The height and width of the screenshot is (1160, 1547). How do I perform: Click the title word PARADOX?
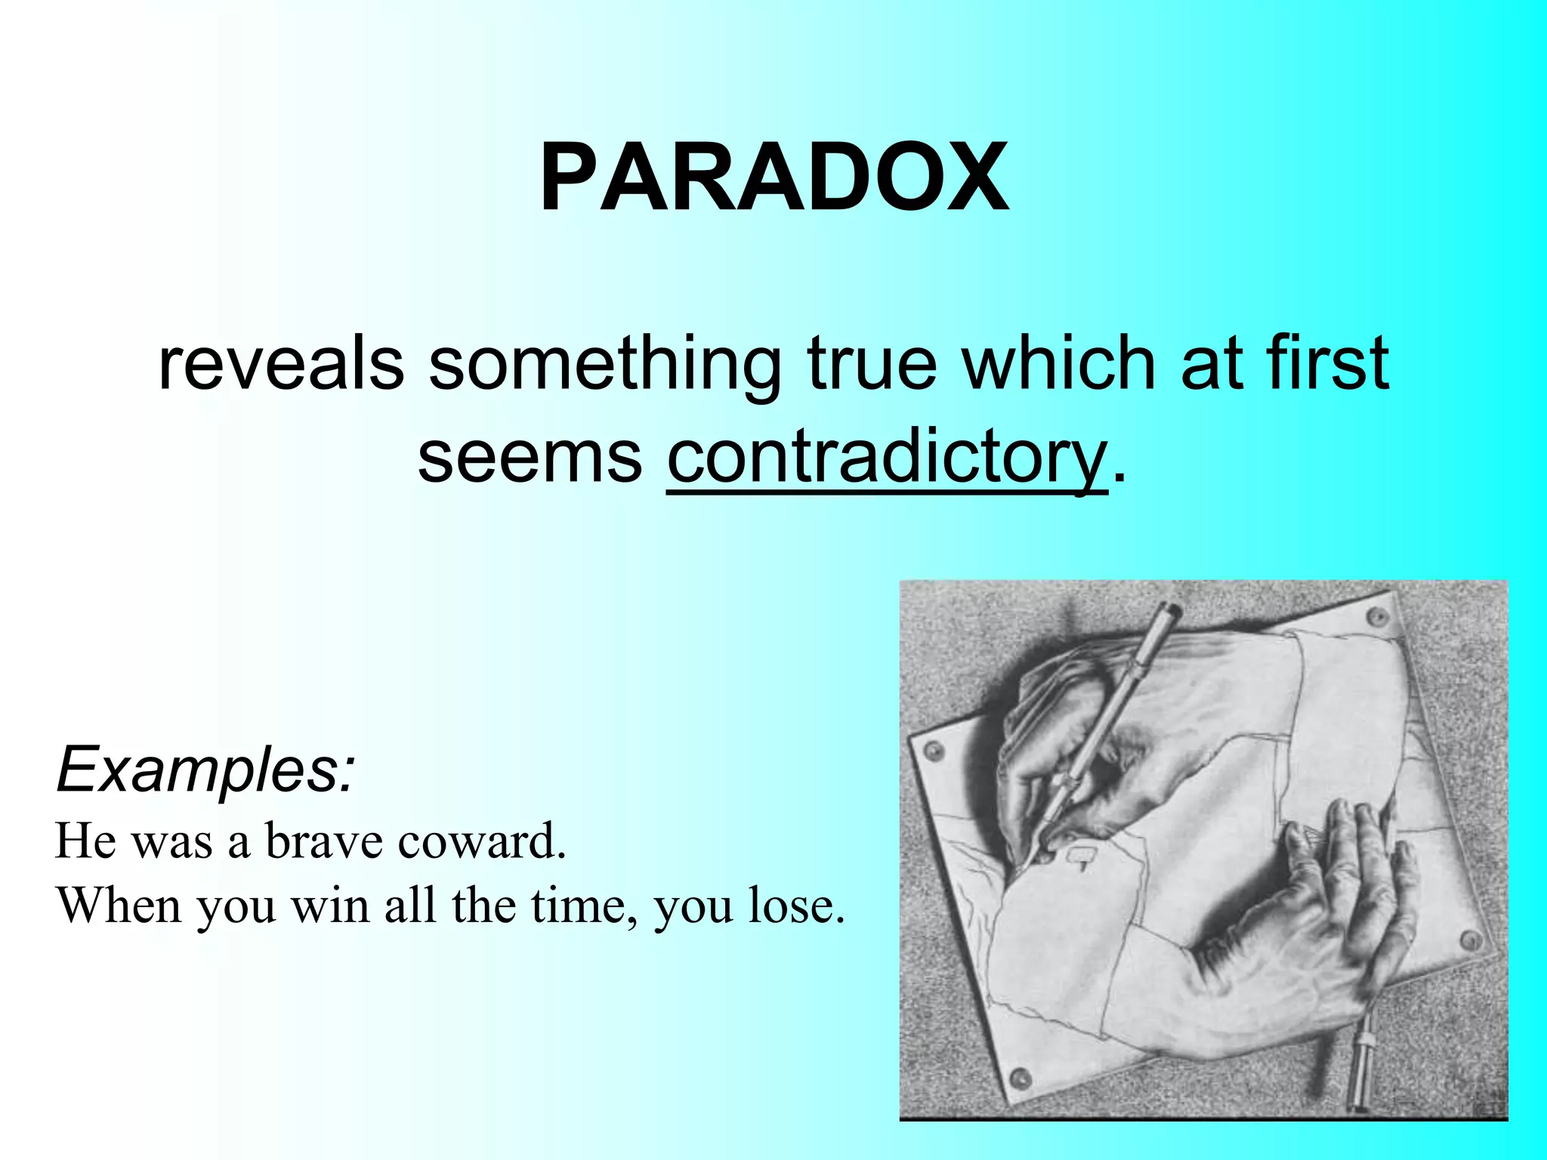click(773, 179)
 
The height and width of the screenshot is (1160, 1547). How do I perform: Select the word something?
click(605, 366)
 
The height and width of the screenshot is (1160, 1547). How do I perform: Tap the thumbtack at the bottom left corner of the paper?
click(1021, 1076)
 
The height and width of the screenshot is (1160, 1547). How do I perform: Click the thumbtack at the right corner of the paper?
click(1470, 940)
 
